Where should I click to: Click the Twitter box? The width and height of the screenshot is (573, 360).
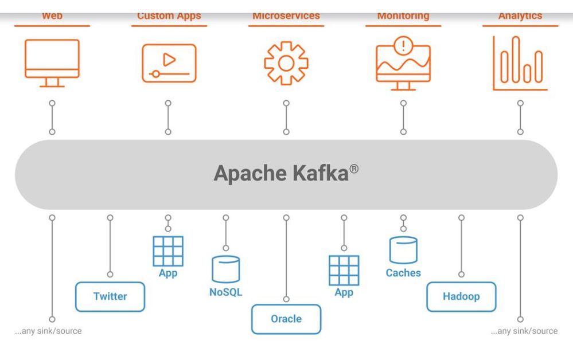110,296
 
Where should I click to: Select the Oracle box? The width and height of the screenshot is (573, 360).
286,319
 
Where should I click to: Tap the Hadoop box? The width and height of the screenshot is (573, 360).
461,296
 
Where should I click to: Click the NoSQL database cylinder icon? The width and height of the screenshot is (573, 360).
225,269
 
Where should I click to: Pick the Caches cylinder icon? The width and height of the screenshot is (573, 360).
403,250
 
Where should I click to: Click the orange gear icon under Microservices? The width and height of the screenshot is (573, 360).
286,63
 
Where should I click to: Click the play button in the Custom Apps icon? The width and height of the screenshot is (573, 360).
169,59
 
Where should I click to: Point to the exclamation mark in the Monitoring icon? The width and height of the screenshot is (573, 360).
404,45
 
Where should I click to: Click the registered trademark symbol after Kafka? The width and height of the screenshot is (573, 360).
356,168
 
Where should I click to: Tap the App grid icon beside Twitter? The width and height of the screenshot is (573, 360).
168,251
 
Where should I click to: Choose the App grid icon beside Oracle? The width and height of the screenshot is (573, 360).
344,271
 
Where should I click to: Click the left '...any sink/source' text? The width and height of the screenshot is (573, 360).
48,331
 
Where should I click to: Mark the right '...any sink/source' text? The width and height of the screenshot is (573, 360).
524,331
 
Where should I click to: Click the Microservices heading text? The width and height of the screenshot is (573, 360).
286,16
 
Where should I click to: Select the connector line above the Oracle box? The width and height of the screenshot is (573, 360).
286,258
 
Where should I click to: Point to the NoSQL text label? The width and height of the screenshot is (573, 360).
225,292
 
